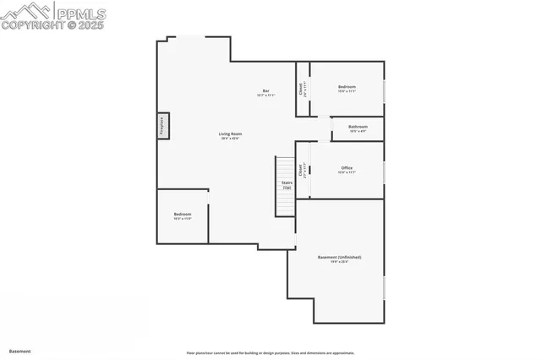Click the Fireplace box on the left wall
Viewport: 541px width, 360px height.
point(163,126)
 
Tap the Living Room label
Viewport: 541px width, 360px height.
point(230,134)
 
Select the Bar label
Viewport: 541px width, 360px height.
point(265,91)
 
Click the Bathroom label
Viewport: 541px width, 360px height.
point(358,127)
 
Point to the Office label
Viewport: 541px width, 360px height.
point(347,168)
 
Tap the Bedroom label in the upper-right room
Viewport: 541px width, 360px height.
point(347,86)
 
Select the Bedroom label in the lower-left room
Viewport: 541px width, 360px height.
point(183,214)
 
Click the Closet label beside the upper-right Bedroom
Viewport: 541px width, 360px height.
point(301,89)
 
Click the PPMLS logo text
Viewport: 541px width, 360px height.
point(83,12)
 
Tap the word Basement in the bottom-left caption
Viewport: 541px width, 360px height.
point(19,351)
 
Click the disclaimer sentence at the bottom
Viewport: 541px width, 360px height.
point(270,353)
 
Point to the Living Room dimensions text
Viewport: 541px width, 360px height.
point(230,139)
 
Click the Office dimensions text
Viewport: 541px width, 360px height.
point(347,173)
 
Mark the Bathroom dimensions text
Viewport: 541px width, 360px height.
point(358,132)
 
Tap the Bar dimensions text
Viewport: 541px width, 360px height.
point(265,96)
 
